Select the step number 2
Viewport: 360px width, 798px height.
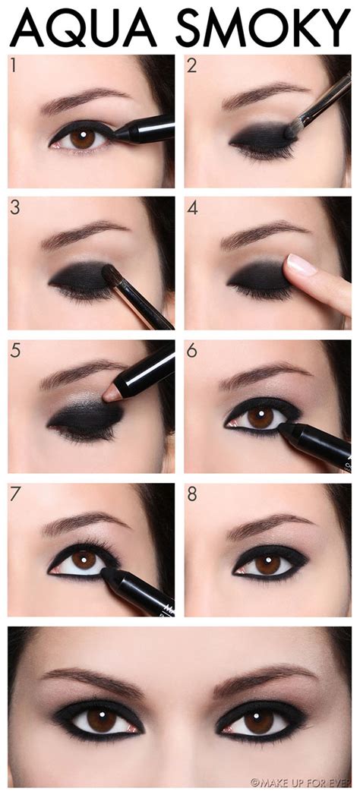pyautogui.click(x=192, y=65)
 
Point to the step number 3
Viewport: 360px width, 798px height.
pyautogui.click(x=15, y=208)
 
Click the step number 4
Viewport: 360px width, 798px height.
pyautogui.click(x=192, y=208)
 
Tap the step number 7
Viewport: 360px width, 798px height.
pyautogui.click(x=15, y=494)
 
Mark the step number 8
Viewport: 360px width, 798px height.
pyautogui.click(x=192, y=494)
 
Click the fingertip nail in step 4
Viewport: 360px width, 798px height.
pyautogui.click(x=299, y=265)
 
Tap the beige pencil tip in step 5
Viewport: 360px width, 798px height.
pyautogui.click(x=111, y=393)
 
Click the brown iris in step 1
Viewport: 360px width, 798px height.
pyautogui.click(x=83, y=137)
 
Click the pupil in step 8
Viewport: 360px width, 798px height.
pyautogui.click(x=267, y=563)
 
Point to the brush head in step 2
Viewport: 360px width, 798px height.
pyautogui.click(x=291, y=130)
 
